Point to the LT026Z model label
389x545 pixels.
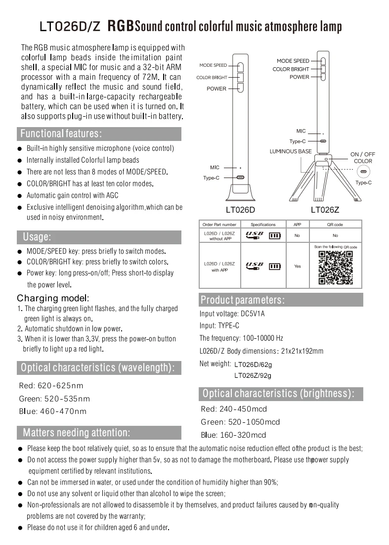[325, 210]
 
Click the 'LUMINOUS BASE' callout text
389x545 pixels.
[291, 151]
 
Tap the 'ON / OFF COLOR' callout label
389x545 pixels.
[363, 158]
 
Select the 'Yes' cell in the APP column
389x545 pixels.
[297, 266]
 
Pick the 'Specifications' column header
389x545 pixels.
[263, 225]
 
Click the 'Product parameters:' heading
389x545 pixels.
[242, 300]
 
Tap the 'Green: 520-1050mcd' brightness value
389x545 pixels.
[240, 422]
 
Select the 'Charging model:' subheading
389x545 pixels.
[53, 298]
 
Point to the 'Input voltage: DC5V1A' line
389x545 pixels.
[232, 314]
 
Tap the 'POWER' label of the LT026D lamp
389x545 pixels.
[216, 89]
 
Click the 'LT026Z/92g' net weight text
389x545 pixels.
[253, 375]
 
